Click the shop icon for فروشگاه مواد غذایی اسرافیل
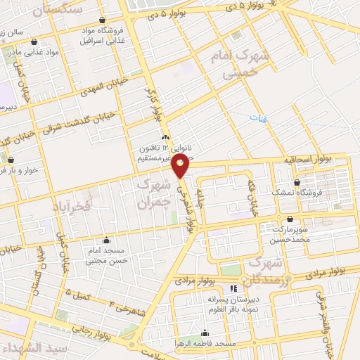(104, 20)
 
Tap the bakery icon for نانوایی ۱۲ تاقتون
(165, 137)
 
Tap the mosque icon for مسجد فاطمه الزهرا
(205, 333)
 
